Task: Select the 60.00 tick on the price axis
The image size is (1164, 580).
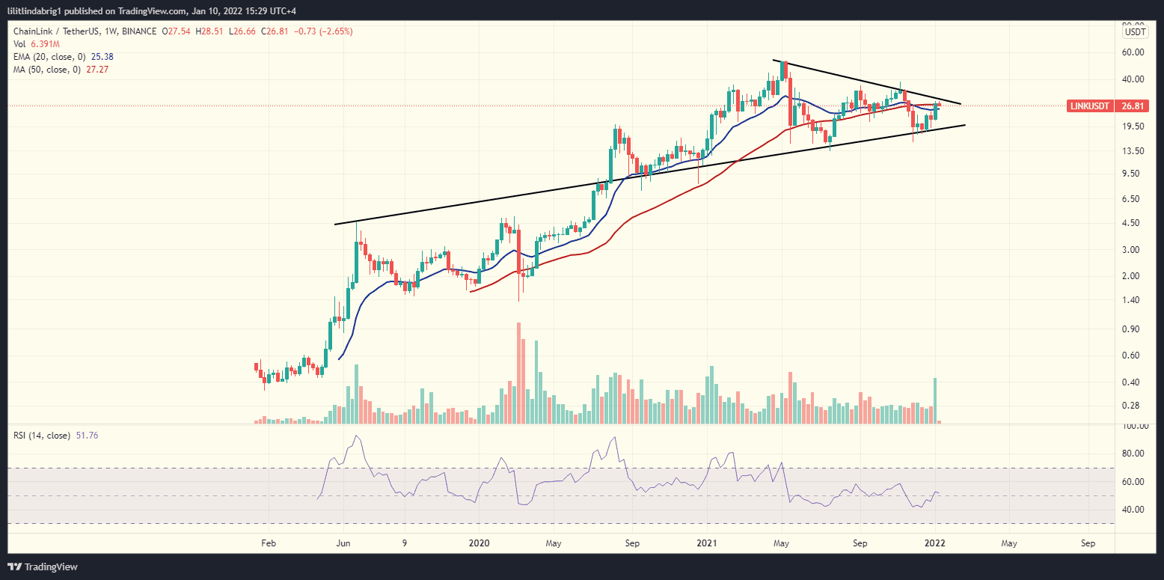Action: coord(1135,52)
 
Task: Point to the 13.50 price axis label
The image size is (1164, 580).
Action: coord(1135,150)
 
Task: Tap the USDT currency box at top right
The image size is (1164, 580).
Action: coord(1135,31)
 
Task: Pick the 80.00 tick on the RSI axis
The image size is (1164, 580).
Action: coord(1135,454)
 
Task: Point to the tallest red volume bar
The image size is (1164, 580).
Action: coord(518,374)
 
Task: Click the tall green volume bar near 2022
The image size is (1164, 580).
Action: coord(935,400)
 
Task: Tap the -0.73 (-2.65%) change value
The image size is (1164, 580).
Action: coord(325,31)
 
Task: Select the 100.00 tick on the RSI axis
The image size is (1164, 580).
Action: coord(1134,426)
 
